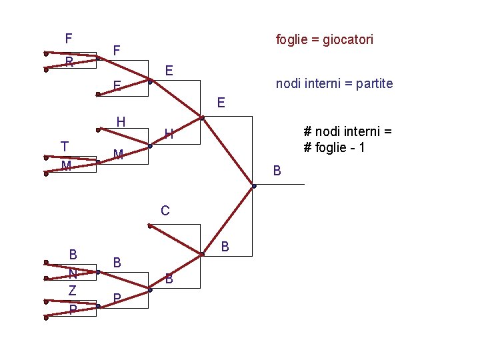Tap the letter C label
[x=165, y=211]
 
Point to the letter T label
[x=64, y=146]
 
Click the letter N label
[x=73, y=274]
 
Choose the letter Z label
[x=73, y=291]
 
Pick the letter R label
[x=69, y=63]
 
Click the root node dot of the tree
[x=254, y=186]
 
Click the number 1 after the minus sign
[x=361, y=148]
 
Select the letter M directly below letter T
[x=66, y=166]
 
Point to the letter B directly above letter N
[x=73, y=254]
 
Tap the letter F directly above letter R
[x=69, y=39]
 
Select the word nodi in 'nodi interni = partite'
[x=289, y=84]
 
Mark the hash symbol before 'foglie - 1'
[x=307, y=148]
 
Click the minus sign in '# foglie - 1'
[x=351, y=148]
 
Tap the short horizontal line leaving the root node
[x=280, y=184]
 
